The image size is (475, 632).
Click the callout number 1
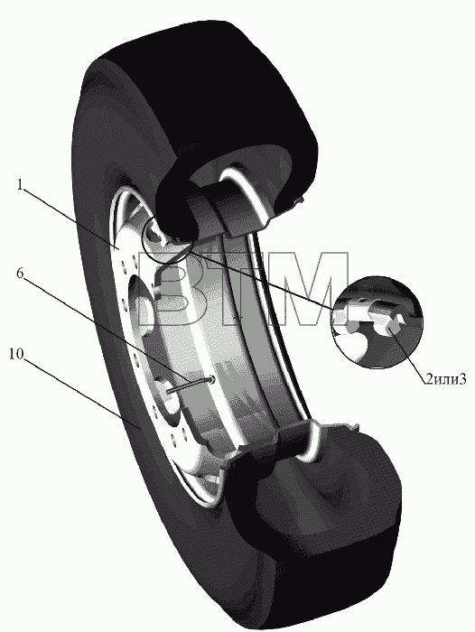20,184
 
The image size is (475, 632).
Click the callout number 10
16,354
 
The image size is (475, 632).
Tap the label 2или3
445,378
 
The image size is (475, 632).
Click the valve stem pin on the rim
191,385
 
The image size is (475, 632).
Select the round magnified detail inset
377,322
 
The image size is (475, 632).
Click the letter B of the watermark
166,289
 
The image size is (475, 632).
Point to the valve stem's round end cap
212,379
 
